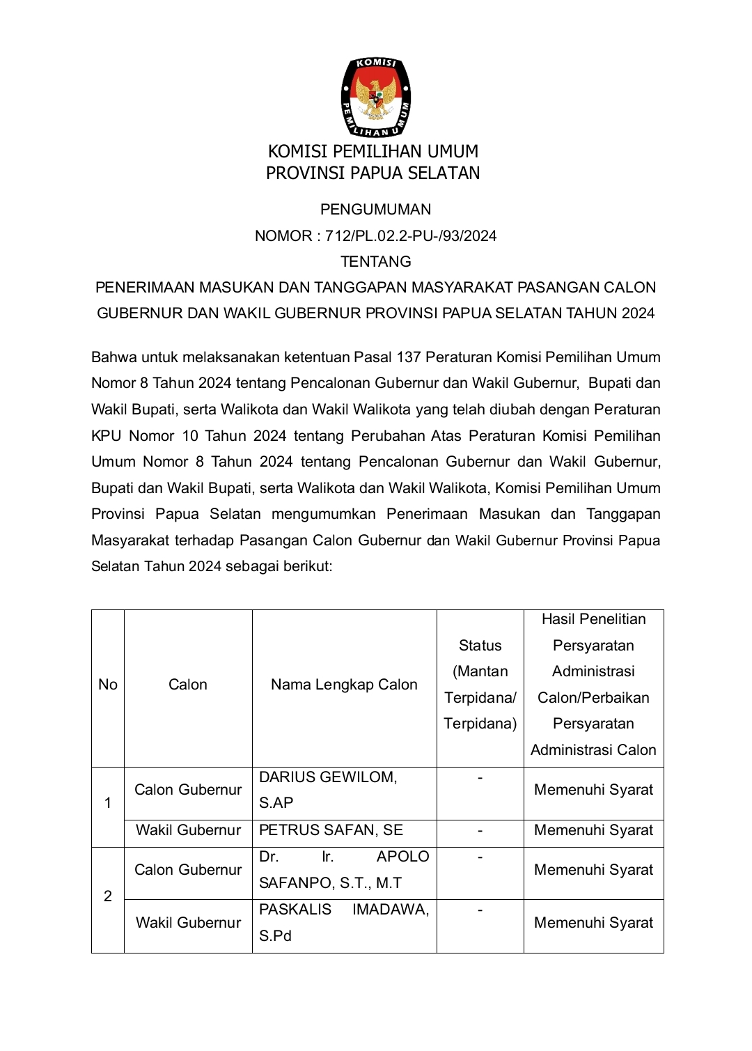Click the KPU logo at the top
(x=375, y=98)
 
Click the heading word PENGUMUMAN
(x=375, y=210)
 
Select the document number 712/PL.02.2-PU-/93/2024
(x=411, y=236)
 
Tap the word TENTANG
(x=375, y=262)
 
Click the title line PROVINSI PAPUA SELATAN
(x=373, y=173)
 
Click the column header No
(x=108, y=685)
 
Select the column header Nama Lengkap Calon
(x=344, y=685)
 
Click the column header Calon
(x=188, y=685)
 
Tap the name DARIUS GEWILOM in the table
(x=327, y=777)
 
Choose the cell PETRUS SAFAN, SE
(x=331, y=830)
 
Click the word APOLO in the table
(x=402, y=857)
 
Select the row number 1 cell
(x=108, y=803)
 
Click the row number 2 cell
(x=108, y=896)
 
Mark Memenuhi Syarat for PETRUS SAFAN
(x=593, y=830)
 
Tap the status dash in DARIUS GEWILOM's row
(x=480, y=777)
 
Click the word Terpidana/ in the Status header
(x=480, y=698)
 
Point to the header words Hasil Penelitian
(x=593, y=619)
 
